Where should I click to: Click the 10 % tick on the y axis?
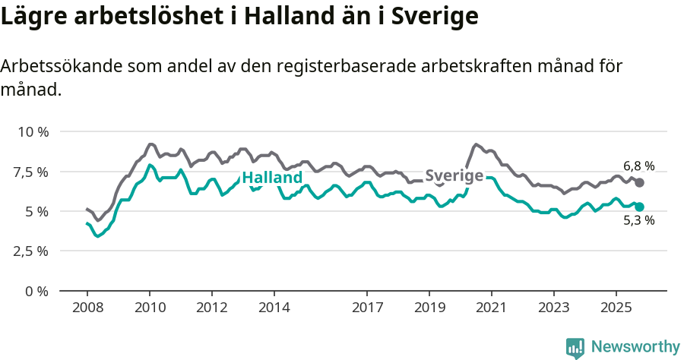tap(33, 131)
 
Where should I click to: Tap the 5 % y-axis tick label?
tap(38, 211)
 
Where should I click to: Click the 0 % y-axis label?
tap(38, 291)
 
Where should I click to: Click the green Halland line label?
tap(272, 178)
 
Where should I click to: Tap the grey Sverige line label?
tap(454, 176)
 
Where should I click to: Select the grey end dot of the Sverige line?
tap(640, 183)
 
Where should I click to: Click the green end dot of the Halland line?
tap(640, 207)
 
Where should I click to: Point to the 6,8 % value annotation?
tap(638, 166)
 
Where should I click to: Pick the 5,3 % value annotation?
tap(638, 221)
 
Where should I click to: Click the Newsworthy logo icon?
tap(575, 348)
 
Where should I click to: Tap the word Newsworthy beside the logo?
tap(635, 347)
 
